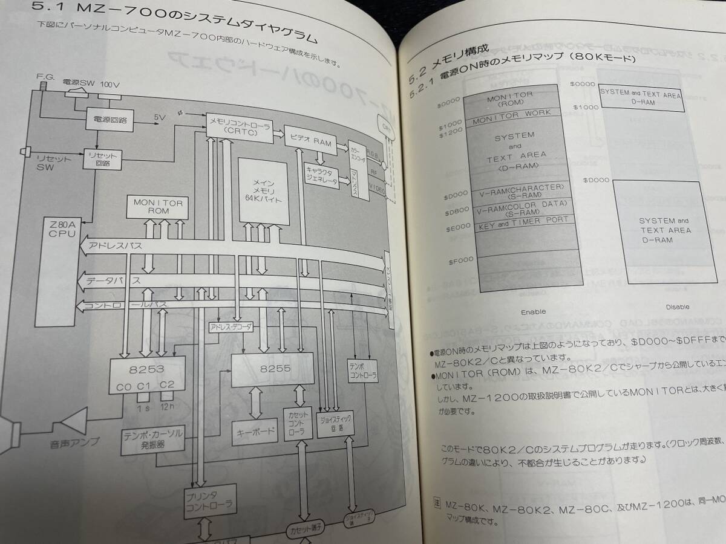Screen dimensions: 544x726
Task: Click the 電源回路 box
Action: [110, 119]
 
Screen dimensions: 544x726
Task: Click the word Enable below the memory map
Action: [533, 312]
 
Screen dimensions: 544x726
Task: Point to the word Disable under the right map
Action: [677, 307]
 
